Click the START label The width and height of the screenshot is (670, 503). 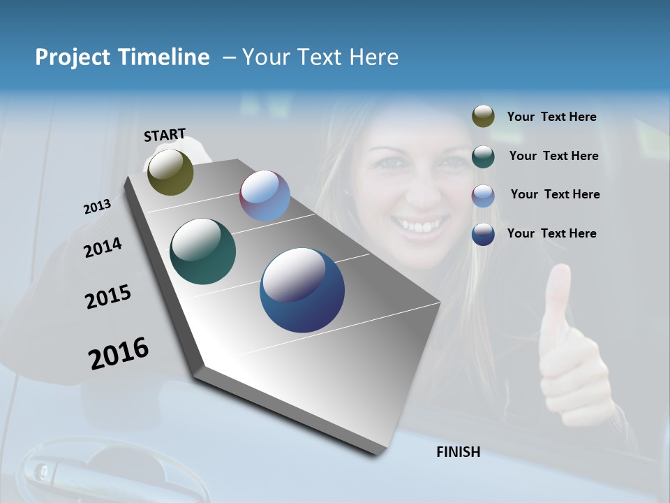click(165, 135)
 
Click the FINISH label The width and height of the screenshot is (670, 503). click(459, 452)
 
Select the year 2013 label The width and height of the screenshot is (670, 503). click(97, 207)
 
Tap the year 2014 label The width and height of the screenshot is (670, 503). click(103, 247)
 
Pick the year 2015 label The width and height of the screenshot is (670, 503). click(108, 297)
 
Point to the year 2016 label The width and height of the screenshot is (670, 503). click(119, 353)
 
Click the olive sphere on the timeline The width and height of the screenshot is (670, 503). click(170, 172)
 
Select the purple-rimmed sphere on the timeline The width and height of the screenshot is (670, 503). click(265, 196)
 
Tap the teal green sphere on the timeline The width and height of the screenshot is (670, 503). click(202, 251)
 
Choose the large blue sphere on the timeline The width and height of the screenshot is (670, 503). click(301, 290)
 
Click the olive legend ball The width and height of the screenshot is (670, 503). click(483, 117)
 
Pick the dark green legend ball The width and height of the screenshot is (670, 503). click(483, 156)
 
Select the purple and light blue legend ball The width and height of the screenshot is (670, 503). click(483, 196)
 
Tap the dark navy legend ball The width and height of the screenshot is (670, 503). click(483, 234)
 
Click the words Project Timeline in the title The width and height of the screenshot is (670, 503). click(122, 57)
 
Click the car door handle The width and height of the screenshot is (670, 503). click(63, 468)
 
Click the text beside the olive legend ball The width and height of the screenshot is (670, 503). click(551, 117)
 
